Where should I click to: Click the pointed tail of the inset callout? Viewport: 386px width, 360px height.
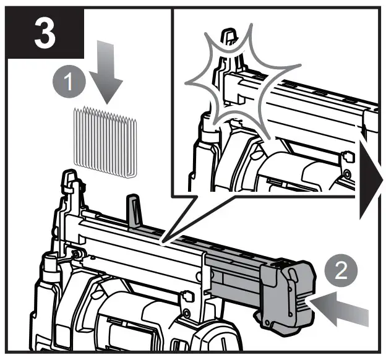click(x=164, y=238)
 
